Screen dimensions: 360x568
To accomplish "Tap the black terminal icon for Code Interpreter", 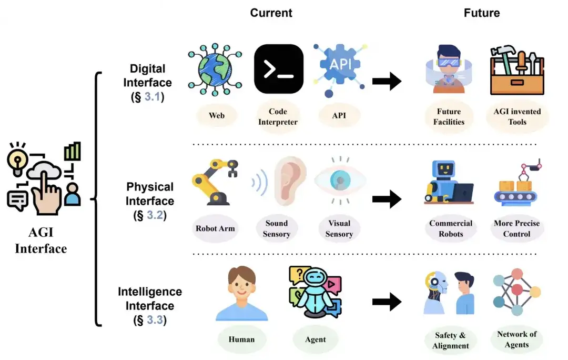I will pyautogui.click(x=278, y=69).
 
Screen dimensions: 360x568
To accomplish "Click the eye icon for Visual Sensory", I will pyautogui.click(x=340, y=181).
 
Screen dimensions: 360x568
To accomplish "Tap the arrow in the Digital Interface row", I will pyautogui.click(x=387, y=81).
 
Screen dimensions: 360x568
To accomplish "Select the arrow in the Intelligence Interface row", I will pyautogui.click(x=387, y=302).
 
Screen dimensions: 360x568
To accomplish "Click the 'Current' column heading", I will pyautogui.click(x=271, y=13).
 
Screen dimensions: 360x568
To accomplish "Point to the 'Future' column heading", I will pyautogui.click(x=481, y=13).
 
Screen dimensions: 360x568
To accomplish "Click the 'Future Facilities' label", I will pyautogui.click(x=449, y=117).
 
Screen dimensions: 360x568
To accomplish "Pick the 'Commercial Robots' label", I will pyautogui.click(x=450, y=228).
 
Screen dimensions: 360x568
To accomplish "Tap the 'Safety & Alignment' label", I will pyautogui.click(x=450, y=341).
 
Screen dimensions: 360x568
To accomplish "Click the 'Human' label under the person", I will pyautogui.click(x=241, y=339).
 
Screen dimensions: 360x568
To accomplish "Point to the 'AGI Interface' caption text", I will pyautogui.click(x=41, y=242).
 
